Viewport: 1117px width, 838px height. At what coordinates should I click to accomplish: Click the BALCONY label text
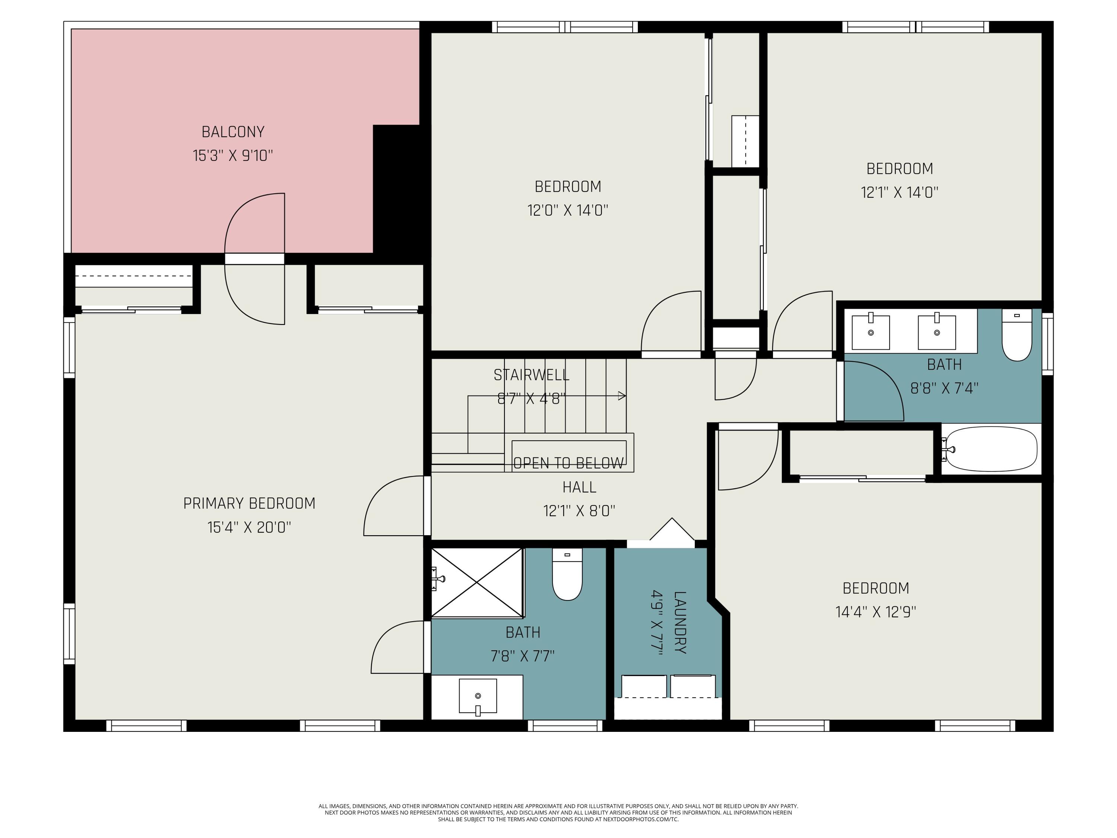(x=233, y=132)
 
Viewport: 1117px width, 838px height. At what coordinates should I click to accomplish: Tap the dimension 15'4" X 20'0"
(x=249, y=527)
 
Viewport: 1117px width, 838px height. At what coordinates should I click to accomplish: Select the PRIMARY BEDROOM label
(x=249, y=504)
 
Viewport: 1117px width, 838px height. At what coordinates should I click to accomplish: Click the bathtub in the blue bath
(x=991, y=448)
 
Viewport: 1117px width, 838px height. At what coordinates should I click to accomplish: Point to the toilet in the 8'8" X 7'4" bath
(x=1016, y=336)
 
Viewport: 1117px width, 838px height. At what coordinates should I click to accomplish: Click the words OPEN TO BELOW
(x=568, y=463)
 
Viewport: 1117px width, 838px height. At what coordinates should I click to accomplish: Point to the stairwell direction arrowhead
(x=622, y=396)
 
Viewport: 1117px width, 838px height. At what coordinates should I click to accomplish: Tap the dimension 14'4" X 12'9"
(x=876, y=612)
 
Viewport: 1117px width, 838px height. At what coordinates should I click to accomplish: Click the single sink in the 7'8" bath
(x=478, y=696)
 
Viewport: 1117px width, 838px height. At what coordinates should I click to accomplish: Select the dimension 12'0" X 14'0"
(x=567, y=210)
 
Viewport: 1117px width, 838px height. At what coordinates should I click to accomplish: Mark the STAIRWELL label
(x=531, y=375)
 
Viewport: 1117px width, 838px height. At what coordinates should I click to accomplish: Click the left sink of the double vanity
(x=871, y=332)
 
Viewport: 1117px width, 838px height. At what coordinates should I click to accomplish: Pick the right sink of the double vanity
(x=937, y=332)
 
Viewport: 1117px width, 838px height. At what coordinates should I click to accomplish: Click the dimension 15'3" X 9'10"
(x=233, y=156)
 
